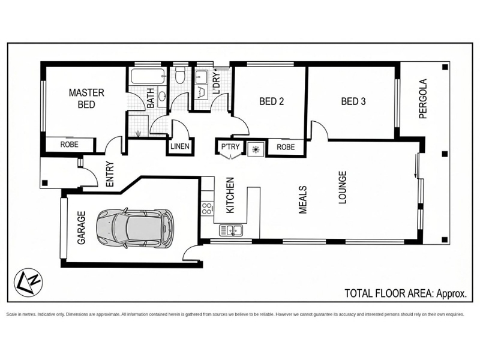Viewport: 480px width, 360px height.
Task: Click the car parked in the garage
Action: point(134,228)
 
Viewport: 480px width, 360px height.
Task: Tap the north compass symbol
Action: point(28,282)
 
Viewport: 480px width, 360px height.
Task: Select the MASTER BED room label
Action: point(86,98)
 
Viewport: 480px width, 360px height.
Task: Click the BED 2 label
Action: point(272,101)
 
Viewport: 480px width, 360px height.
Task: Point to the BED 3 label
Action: point(353,101)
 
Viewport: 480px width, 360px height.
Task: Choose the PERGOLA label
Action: point(423,98)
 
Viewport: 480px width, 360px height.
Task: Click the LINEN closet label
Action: point(179,146)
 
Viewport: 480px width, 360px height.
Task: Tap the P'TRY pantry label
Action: point(230,146)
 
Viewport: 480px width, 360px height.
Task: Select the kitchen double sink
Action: point(231,230)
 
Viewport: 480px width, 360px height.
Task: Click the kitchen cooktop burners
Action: point(207,208)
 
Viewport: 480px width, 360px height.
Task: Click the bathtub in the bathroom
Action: point(148,76)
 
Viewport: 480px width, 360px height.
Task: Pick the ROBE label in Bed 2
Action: point(286,147)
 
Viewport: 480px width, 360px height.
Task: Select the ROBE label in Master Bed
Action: point(69,145)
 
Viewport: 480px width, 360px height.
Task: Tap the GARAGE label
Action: point(81,228)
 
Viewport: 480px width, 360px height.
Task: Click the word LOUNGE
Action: point(342,187)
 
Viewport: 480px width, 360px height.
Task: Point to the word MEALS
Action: point(302,199)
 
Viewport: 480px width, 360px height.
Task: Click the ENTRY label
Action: point(109,174)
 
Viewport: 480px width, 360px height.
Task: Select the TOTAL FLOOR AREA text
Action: point(406,293)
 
